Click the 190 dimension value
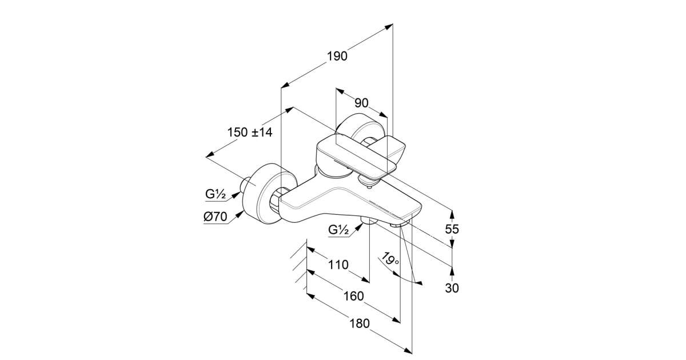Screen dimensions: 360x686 (337, 56)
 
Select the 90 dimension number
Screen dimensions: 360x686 (361, 103)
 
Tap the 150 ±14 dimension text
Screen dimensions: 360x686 (250, 132)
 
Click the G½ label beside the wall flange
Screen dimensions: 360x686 (216, 194)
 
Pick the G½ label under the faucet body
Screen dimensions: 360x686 (339, 230)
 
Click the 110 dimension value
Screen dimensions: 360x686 (338, 265)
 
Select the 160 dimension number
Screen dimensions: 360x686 (354, 296)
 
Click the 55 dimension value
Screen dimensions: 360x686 (452, 229)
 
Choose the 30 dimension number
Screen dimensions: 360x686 (452, 288)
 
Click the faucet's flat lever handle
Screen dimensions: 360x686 (360, 154)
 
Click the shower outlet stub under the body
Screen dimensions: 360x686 (368, 222)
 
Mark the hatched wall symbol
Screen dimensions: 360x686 (298, 266)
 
